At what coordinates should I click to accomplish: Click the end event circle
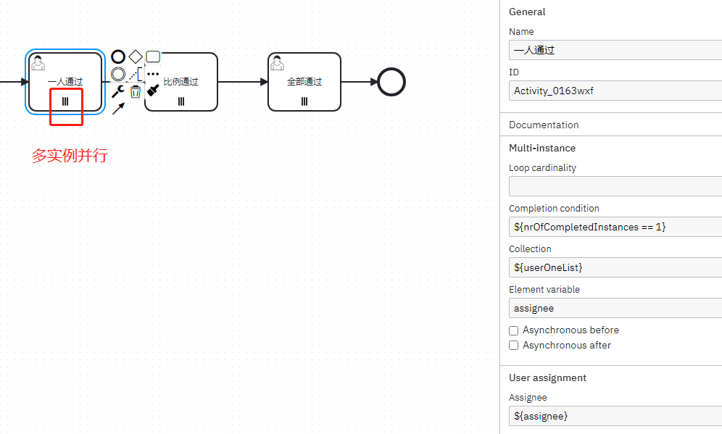tap(391, 82)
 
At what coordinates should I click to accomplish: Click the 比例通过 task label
tap(180, 82)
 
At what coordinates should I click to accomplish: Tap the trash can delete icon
tap(136, 91)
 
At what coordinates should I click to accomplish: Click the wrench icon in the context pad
tap(118, 91)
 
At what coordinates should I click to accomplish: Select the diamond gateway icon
tap(136, 57)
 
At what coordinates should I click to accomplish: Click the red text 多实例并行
tap(70, 155)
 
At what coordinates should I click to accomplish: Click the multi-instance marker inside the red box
tap(65, 101)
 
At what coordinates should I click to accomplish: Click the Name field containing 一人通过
tap(615, 50)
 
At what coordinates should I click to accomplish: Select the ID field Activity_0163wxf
tap(615, 91)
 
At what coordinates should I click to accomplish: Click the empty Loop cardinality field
tap(615, 186)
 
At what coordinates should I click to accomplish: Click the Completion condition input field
tap(615, 227)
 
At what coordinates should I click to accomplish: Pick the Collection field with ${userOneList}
tap(615, 267)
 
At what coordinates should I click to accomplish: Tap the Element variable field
tap(615, 308)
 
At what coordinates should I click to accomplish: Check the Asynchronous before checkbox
tap(514, 330)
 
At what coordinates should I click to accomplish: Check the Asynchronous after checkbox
tap(514, 346)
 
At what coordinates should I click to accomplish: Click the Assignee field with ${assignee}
tap(615, 416)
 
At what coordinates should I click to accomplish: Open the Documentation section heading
tap(544, 125)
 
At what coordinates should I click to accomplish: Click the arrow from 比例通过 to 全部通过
tap(243, 82)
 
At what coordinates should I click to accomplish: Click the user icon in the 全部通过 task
tap(277, 63)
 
